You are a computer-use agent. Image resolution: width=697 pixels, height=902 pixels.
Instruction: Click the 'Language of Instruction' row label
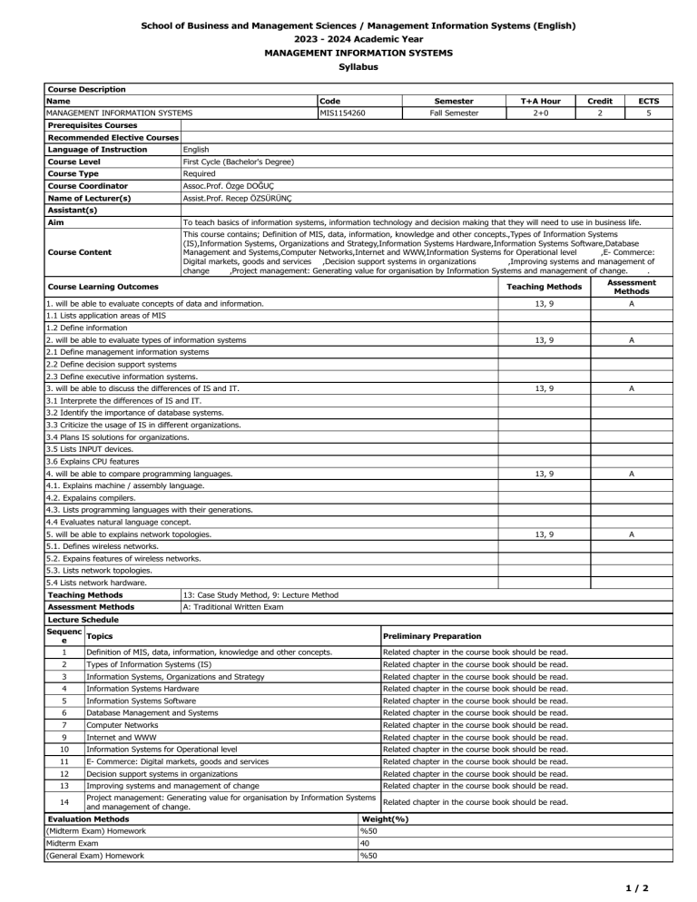click(96, 149)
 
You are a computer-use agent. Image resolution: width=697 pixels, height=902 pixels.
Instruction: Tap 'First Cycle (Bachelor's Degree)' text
click(238, 161)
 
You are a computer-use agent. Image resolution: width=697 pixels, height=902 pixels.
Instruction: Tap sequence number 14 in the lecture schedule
click(64, 803)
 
